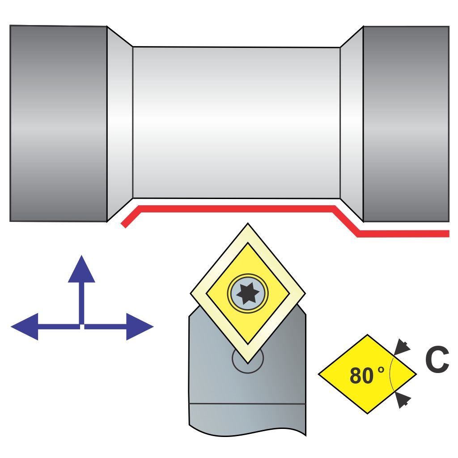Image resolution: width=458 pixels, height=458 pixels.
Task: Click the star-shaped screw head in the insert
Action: tap(247, 293)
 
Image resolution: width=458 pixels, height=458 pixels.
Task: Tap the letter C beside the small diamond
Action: tap(436, 361)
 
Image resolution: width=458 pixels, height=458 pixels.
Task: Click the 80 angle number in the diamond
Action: tap(361, 376)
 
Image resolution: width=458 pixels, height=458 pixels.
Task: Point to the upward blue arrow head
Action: tap(81, 270)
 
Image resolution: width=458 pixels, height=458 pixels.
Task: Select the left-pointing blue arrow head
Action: tap(25, 327)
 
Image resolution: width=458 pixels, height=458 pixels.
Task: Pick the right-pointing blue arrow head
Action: tap(139, 327)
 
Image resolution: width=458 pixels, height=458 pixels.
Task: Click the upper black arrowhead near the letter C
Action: tap(403, 347)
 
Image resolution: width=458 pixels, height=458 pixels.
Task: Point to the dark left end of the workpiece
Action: tap(58, 123)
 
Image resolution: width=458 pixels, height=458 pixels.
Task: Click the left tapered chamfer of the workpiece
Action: tap(119, 123)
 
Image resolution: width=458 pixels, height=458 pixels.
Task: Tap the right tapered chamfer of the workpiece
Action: tap(352, 123)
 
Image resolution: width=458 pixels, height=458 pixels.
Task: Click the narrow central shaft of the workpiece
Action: tap(236, 123)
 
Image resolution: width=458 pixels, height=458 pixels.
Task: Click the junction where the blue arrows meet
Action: tap(81, 326)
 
